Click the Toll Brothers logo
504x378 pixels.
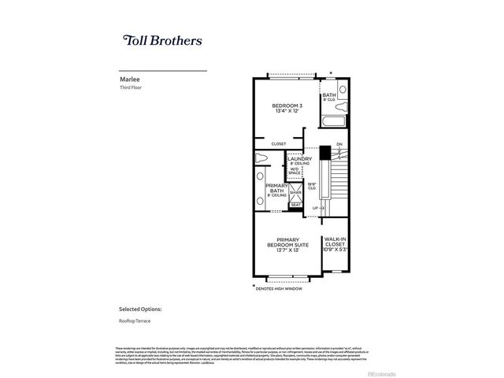pyautogui.click(x=162, y=39)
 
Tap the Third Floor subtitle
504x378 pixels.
pyautogui.click(x=131, y=88)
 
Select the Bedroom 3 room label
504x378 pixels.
pyautogui.click(x=287, y=106)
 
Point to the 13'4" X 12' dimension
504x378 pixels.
pyautogui.click(x=287, y=112)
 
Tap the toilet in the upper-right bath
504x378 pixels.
pyautogui.click(x=343, y=89)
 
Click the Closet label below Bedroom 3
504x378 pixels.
pyautogui.click(x=278, y=144)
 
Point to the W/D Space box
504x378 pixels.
pyautogui.click(x=295, y=171)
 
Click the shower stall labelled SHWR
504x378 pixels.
pyautogui.click(x=295, y=191)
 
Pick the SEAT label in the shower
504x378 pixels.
pyautogui.click(x=295, y=206)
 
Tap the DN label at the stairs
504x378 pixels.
pyautogui.click(x=339, y=144)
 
